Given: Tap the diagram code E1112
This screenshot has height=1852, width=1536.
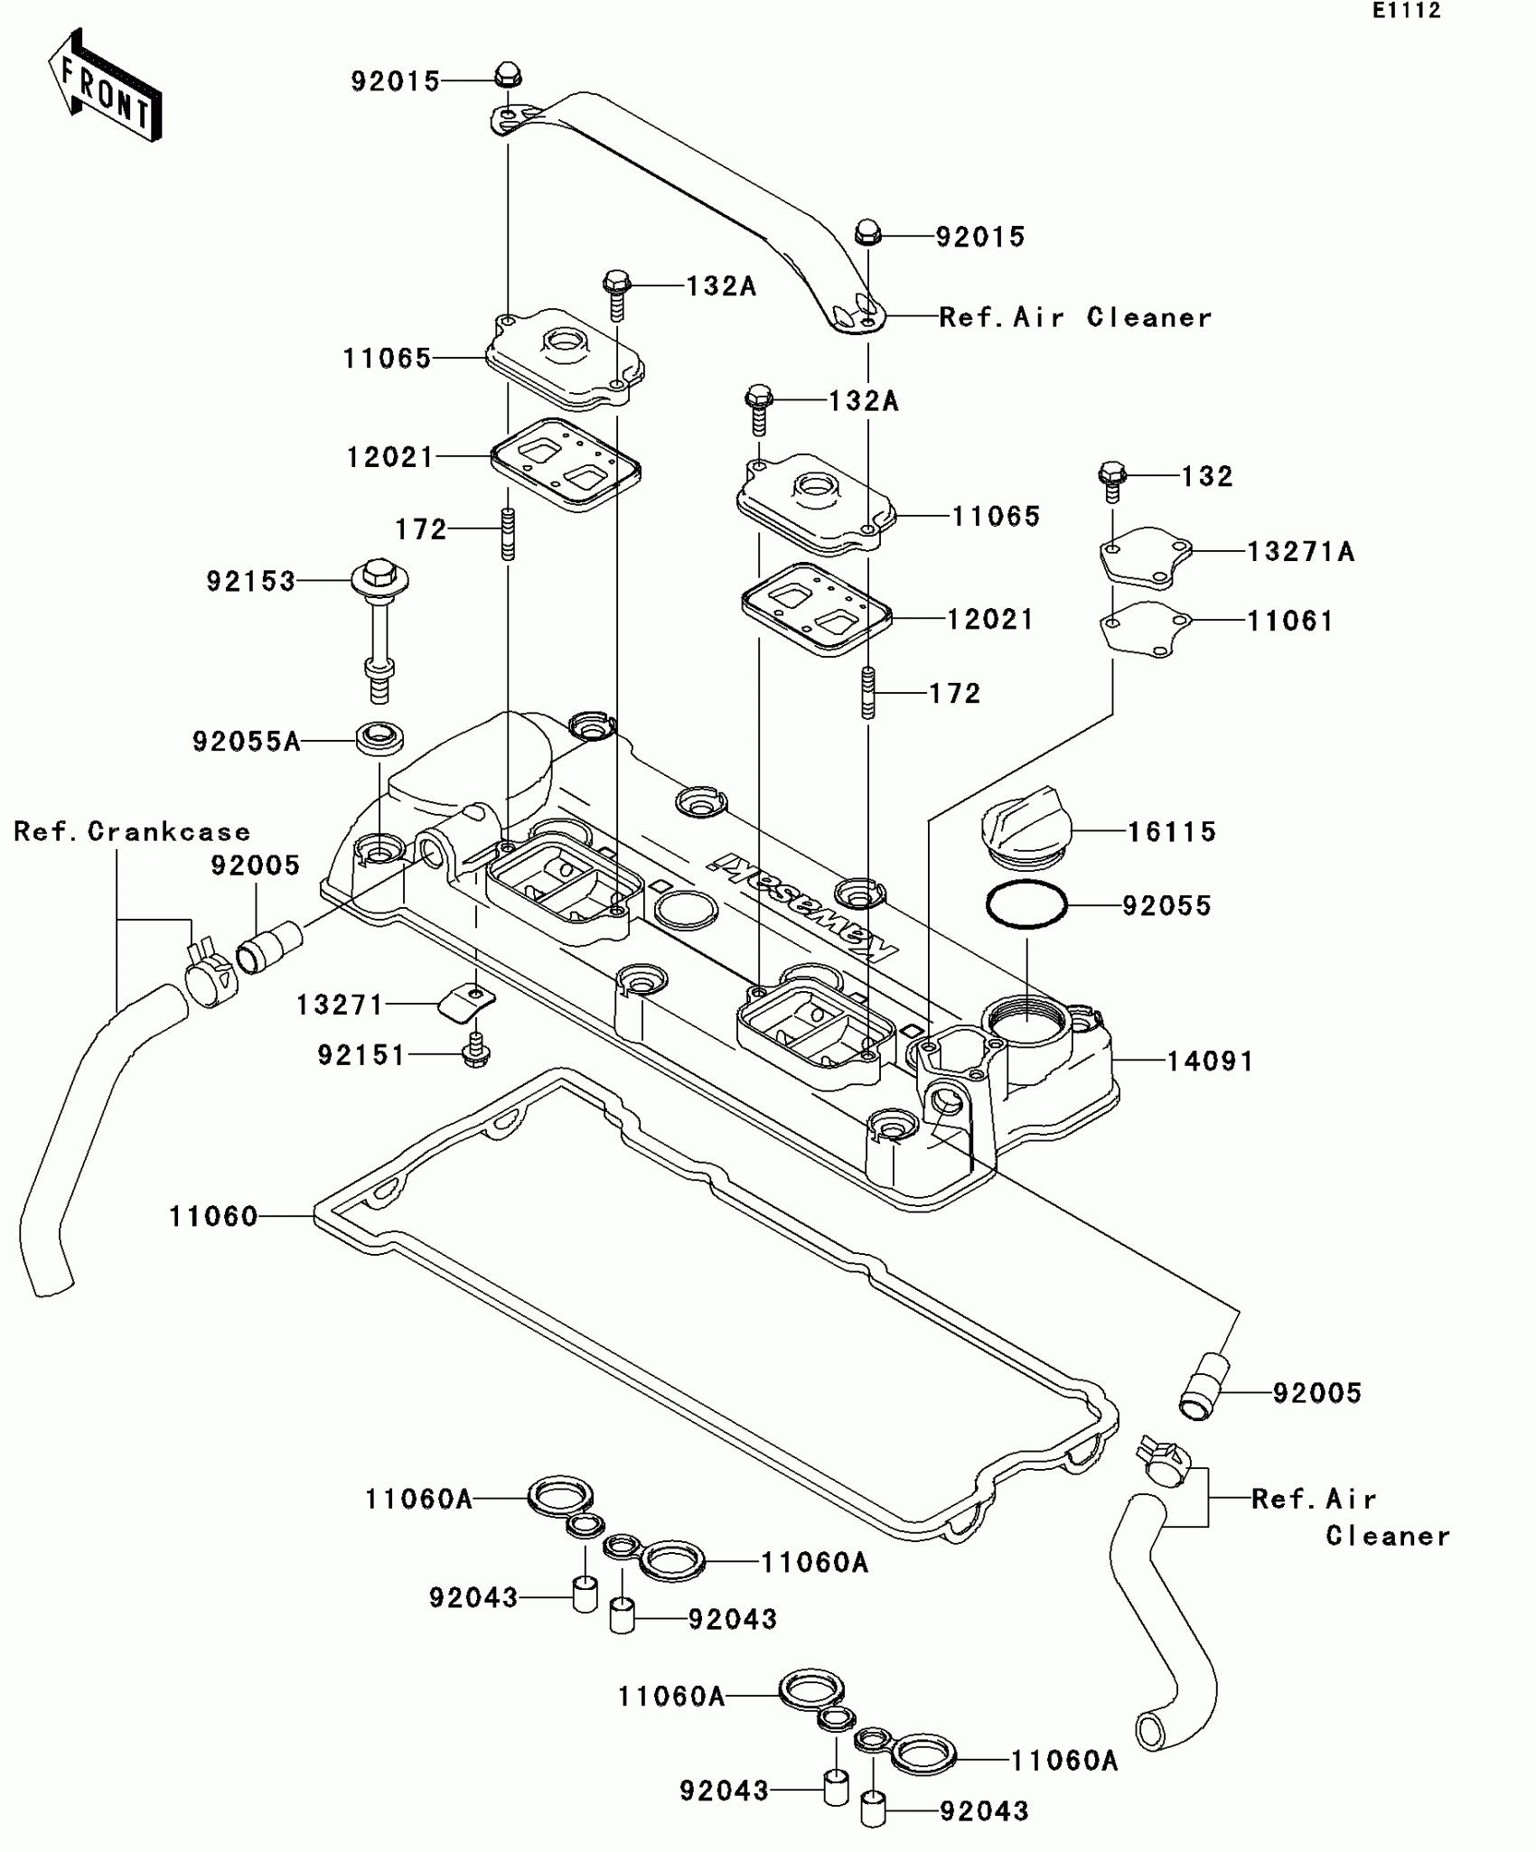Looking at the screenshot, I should (x=1406, y=11).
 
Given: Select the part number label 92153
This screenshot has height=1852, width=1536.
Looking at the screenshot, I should (x=251, y=581).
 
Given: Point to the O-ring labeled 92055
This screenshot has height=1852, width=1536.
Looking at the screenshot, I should (x=1026, y=903).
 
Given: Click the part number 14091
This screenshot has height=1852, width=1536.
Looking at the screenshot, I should (x=1210, y=1061).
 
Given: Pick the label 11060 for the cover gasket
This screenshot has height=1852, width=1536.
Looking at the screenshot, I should (x=214, y=1217).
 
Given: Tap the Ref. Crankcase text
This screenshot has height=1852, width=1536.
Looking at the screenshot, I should (x=132, y=831).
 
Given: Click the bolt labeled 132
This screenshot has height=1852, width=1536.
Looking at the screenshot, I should (x=1112, y=481).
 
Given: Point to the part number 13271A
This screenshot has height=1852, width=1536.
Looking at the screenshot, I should (x=1300, y=551).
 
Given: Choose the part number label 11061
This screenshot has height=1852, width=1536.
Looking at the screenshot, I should (x=1289, y=621).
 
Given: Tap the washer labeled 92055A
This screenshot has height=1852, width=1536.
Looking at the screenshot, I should (x=380, y=738).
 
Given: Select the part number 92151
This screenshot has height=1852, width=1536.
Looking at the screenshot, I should (x=361, y=1054).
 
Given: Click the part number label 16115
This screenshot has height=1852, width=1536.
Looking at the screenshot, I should (x=1171, y=831).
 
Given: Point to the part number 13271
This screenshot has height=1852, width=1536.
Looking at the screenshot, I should (x=341, y=1005).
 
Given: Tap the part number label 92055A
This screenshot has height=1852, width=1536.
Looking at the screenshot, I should (x=246, y=742).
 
